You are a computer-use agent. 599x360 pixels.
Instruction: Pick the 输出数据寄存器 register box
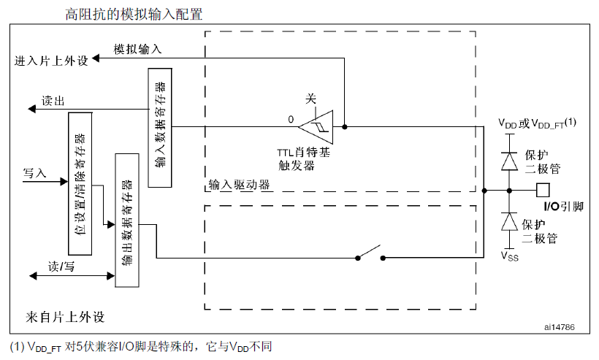tap(127, 220)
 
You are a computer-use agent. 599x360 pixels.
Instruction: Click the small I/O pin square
tap(543, 190)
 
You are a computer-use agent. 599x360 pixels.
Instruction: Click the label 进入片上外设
tap(51, 61)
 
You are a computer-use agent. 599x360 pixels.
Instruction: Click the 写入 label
tap(34, 173)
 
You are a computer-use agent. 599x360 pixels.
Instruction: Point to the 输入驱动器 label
tap(239, 184)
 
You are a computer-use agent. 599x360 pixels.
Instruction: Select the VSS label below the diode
tap(508, 256)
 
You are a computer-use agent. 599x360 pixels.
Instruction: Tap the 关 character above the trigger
tap(310, 98)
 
